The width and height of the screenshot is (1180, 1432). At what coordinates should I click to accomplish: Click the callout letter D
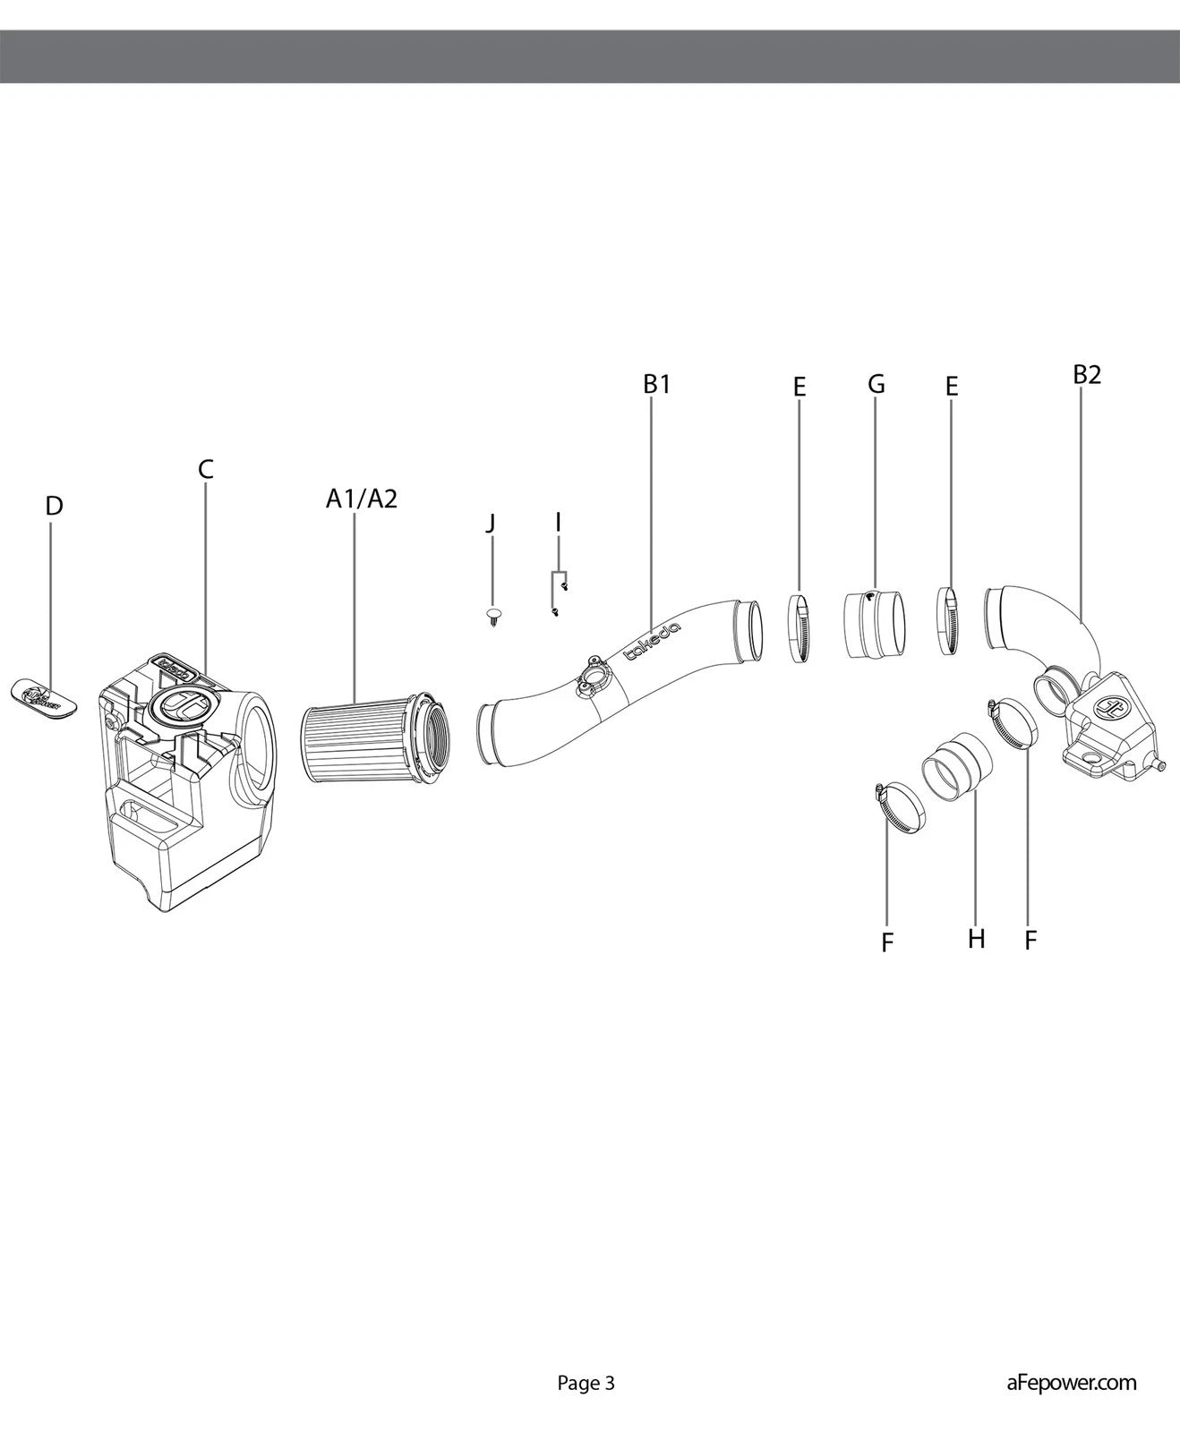[54, 506]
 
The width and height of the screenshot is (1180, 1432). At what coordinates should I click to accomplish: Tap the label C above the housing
[206, 468]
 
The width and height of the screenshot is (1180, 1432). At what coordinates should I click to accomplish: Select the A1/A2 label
[361, 499]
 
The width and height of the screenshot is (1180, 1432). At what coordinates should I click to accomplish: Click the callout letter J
[491, 523]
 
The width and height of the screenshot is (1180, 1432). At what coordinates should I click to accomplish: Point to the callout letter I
[558, 521]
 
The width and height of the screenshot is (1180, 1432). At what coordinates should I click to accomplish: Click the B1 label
[656, 384]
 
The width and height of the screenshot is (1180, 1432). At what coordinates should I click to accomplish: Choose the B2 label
[1087, 375]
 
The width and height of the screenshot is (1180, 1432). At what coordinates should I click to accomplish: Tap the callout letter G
[876, 384]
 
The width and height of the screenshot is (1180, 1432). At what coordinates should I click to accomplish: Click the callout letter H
[976, 939]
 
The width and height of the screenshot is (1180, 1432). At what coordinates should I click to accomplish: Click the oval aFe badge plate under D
[44, 695]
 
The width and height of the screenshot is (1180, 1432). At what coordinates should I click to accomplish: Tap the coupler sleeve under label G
[873, 624]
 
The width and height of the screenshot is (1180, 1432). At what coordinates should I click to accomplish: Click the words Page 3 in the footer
[586, 1383]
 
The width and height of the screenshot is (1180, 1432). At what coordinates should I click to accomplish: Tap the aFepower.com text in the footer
[1071, 1383]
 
